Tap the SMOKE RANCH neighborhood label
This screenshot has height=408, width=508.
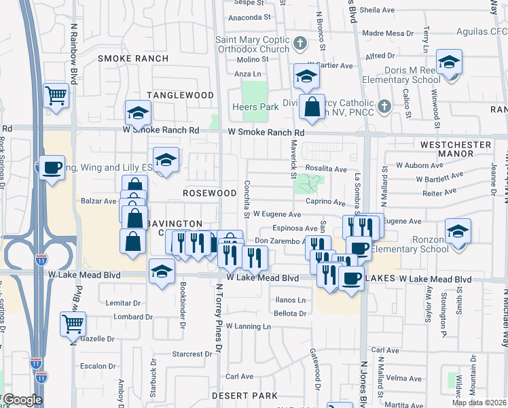133,58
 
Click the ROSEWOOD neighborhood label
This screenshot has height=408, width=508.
209,193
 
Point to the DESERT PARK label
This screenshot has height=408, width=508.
244,396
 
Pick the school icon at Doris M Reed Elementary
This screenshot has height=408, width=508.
448,63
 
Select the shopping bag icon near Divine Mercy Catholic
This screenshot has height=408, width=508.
312,106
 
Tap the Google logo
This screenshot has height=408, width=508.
22,400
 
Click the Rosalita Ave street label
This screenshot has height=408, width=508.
326,169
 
